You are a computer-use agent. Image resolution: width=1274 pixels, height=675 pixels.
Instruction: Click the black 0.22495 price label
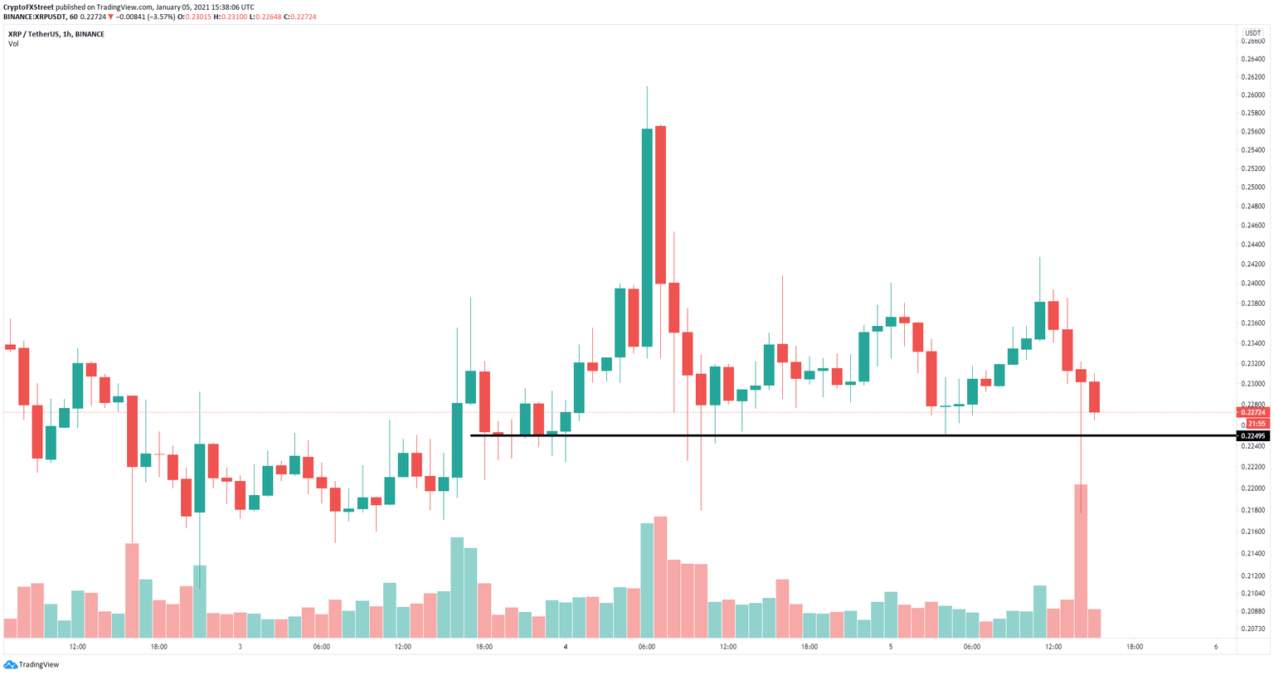coord(1252,436)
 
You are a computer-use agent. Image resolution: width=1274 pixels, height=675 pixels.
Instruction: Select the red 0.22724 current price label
coord(1252,412)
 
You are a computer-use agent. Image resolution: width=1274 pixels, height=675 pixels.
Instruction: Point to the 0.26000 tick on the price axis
coord(1252,95)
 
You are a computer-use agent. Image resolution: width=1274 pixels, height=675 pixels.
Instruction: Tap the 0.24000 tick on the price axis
coord(1252,283)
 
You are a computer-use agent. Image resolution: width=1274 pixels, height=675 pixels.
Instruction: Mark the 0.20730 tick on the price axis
coord(1252,629)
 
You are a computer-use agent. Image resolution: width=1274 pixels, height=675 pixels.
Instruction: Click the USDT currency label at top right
coord(1252,33)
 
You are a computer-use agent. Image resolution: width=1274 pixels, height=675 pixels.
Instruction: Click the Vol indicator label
coord(13,44)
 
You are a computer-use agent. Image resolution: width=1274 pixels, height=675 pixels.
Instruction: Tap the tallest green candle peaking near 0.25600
coord(647,236)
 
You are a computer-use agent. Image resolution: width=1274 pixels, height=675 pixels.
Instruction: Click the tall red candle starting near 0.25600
coord(660,205)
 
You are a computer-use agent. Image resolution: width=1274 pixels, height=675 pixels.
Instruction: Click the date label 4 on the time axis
coord(566,647)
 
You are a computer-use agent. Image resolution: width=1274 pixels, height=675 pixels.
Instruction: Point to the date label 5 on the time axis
coord(891,647)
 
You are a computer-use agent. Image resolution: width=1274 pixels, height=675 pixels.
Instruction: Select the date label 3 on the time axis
coord(240,647)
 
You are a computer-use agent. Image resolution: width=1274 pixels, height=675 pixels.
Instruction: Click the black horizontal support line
coord(829,435)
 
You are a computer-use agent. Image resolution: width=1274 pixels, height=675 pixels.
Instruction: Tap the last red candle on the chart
coord(1094,396)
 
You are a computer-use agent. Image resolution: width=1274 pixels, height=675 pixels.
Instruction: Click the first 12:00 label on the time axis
coord(77,647)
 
